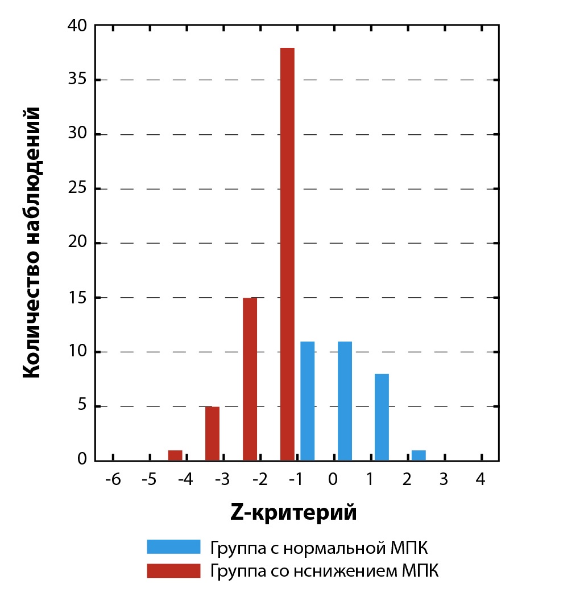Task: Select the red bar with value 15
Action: pos(250,379)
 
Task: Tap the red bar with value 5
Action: pos(212,433)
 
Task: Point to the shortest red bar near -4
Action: pos(175,455)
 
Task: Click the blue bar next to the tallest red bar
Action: pos(308,401)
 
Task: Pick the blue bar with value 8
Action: pos(382,417)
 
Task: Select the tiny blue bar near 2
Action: pos(419,455)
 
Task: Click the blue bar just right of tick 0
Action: pos(345,401)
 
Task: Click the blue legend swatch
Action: pos(173,547)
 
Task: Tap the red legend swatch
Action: pos(173,570)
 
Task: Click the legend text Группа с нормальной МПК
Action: pos(318,548)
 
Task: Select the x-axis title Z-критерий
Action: pos(293,512)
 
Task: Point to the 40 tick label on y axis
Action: pos(76,26)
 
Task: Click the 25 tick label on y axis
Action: pos(76,188)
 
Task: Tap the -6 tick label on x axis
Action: pos(113,479)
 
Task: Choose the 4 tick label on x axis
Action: pos(481,479)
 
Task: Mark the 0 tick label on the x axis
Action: pos(333,479)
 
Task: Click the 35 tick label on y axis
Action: pos(76,80)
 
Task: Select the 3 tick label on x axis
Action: pos(444,479)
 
